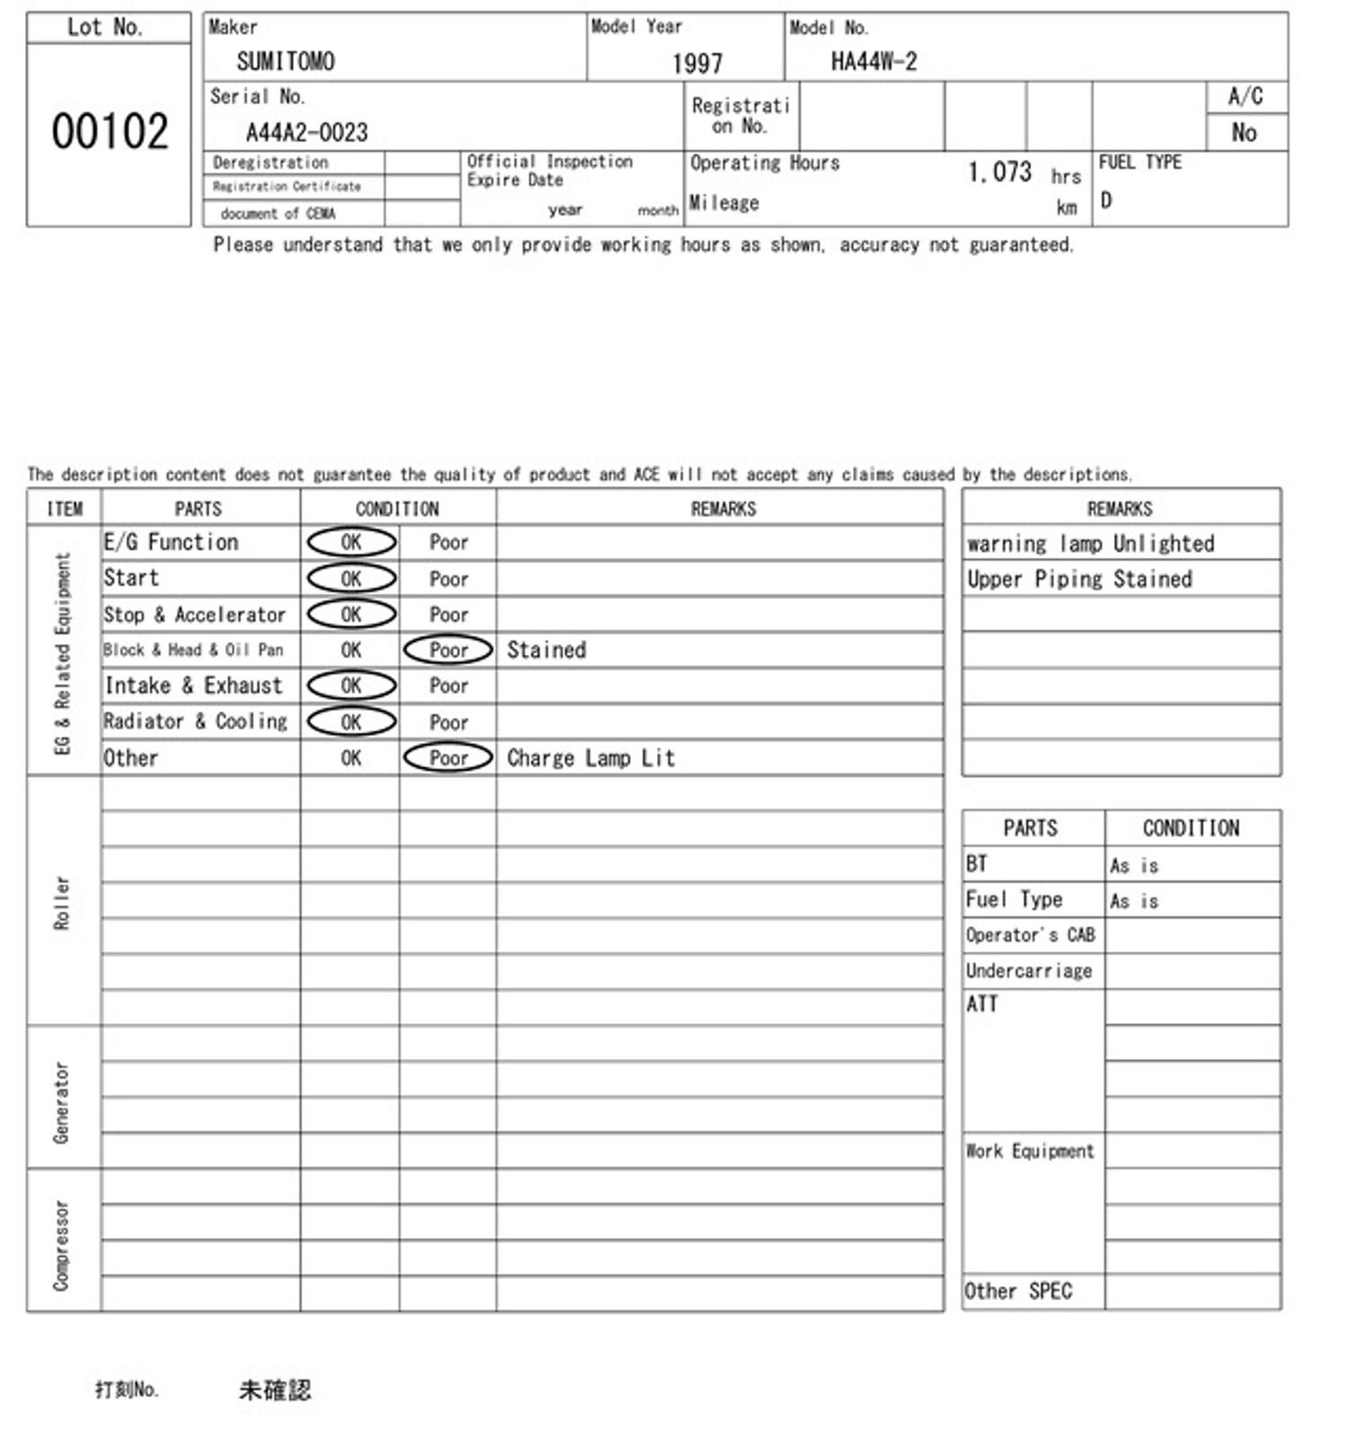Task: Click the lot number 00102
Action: (110, 132)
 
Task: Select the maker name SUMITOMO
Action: (286, 61)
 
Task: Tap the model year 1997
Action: (696, 63)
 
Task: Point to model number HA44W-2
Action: (874, 61)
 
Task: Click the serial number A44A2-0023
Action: (306, 133)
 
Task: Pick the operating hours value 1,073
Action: (999, 172)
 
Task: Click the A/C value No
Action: (1244, 133)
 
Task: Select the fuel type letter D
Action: (1106, 200)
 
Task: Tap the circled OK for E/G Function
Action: (351, 543)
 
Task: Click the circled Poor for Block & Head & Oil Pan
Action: (448, 650)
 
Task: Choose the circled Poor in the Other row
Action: (448, 758)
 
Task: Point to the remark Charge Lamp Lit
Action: (590, 758)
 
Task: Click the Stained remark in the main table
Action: (546, 650)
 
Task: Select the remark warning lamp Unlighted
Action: (1090, 544)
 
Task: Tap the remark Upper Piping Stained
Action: (1079, 579)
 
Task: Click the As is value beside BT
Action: (1134, 866)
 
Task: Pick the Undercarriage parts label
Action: (1029, 971)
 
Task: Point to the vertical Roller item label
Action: (62, 902)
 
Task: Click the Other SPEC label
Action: (1018, 1292)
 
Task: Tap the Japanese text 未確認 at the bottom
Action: (275, 1390)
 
